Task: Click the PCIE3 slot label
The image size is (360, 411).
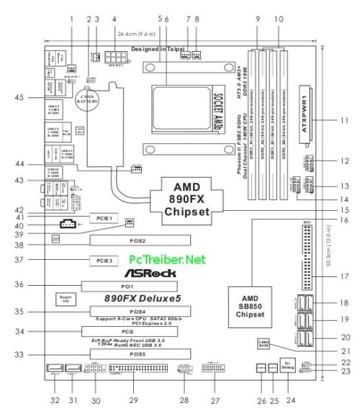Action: pos(100,259)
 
